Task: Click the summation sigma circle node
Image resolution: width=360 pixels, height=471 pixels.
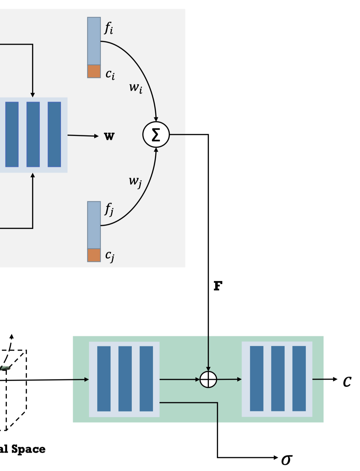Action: (156, 134)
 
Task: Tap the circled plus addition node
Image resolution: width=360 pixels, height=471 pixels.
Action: (208, 379)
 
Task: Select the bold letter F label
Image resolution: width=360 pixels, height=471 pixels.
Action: (218, 286)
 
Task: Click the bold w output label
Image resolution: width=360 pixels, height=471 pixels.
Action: (109, 136)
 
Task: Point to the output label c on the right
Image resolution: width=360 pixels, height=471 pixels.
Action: (347, 381)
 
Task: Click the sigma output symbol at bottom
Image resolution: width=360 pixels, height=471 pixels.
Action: (287, 460)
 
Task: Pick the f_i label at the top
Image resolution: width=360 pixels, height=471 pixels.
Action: (109, 28)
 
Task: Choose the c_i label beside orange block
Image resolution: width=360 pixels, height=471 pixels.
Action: (110, 74)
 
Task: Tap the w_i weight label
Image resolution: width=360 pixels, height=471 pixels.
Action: (136, 88)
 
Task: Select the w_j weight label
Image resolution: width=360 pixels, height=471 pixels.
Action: (135, 181)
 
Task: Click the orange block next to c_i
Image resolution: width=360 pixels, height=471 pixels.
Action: (94, 71)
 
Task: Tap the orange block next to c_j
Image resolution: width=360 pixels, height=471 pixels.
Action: (94, 255)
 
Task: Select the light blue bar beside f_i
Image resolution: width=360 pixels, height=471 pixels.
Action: (94, 41)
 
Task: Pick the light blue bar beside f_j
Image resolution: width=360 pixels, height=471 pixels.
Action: (94, 225)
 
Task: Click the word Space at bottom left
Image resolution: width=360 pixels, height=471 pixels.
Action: (28, 449)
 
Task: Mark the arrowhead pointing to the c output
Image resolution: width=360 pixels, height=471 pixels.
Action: (335, 379)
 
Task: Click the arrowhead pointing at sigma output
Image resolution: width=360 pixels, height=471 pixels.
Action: (276, 458)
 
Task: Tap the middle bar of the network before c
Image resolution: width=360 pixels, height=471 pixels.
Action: (277, 379)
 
